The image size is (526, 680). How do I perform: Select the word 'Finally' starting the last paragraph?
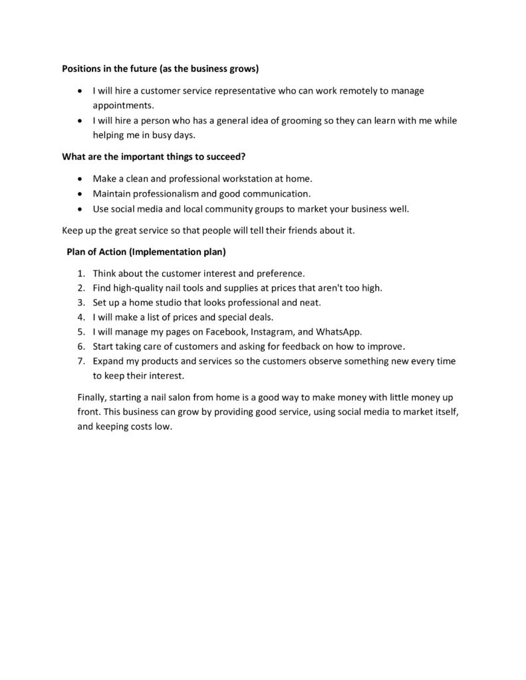click(92, 397)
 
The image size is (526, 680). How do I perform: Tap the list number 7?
click(80, 361)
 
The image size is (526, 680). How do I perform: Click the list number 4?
click(80, 317)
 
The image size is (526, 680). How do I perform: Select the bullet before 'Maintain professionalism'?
click(80, 195)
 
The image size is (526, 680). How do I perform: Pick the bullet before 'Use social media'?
click(80, 209)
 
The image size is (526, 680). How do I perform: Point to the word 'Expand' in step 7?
click(108, 361)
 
